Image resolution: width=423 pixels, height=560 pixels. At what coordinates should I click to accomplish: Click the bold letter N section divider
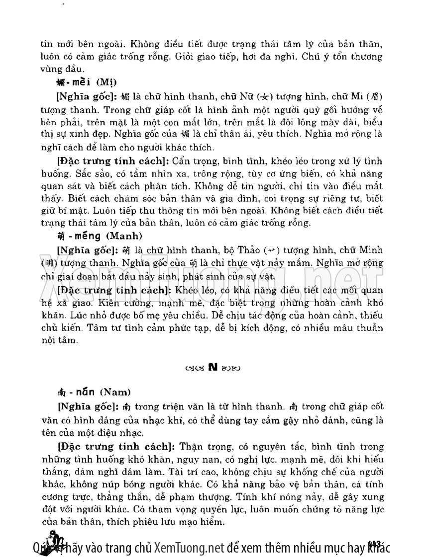click(x=212, y=367)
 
